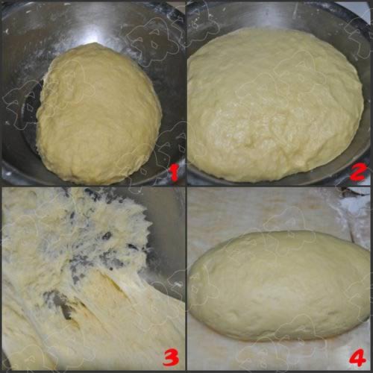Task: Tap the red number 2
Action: pyautogui.click(x=358, y=172)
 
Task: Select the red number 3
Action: pyautogui.click(x=171, y=357)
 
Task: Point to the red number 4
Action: pyautogui.click(x=357, y=357)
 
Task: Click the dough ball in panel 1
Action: pyautogui.click(x=99, y=114)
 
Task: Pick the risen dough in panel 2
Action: pyautogui.click(x=275, y=104)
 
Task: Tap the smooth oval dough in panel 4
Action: pyautogui.click(x=278, y=286)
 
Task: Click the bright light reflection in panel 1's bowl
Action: pyautogui.click(x=95, y=25)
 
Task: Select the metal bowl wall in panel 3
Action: pyautogui.click(x=166, y=236)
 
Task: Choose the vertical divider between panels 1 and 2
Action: pyautogui.click(x=186, y=93)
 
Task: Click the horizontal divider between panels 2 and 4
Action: pyautogui.click(x=279, y=186)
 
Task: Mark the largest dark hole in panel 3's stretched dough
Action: pyautogui.click(x=62, y=306)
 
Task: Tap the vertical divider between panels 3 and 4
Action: pyautogui.click(x=186, y=279)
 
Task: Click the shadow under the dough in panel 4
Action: pyautogui.click(x=278, y=342)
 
